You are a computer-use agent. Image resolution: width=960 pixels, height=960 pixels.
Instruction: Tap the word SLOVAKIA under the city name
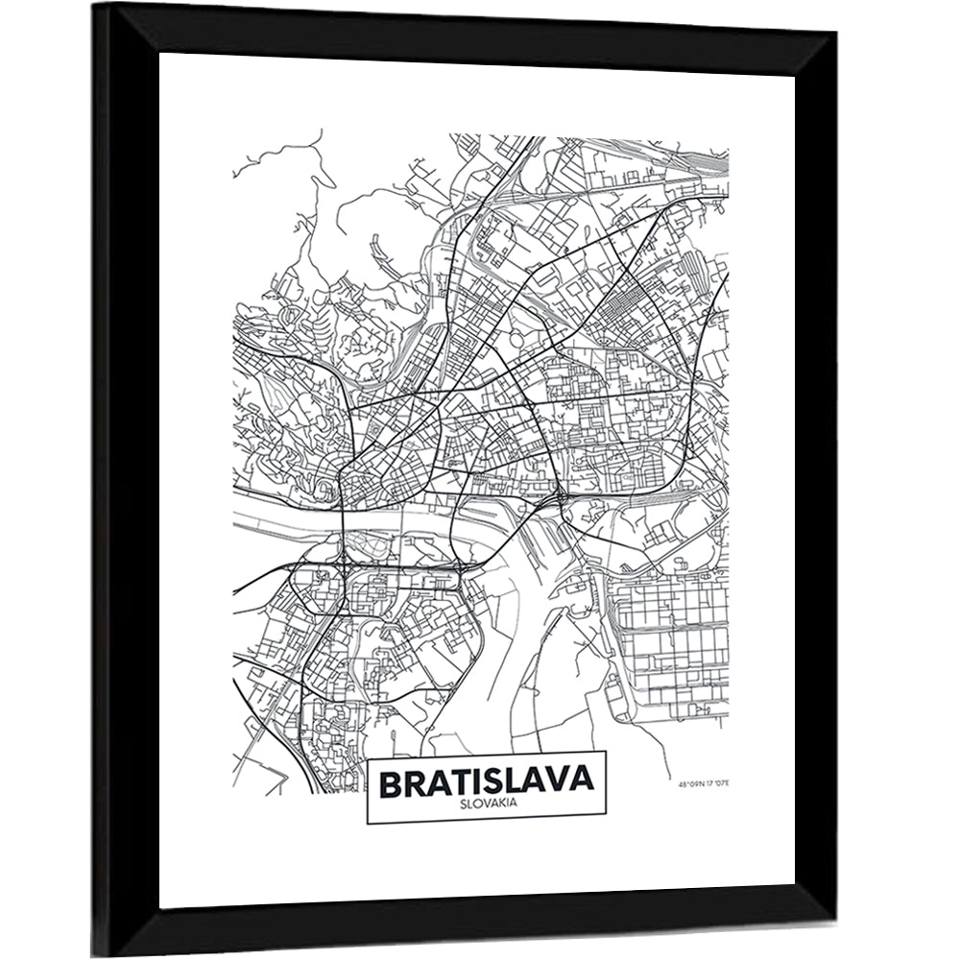(x=487, y=804)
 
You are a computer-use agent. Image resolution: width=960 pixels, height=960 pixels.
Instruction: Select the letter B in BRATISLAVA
(x=392, y=781)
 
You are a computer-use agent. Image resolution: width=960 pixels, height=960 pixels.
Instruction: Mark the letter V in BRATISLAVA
(x=560, y=781)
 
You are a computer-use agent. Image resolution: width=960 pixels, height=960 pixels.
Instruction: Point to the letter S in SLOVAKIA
(x=464, y=804)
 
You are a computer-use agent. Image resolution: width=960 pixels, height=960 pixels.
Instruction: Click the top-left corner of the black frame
(x=96, y=6)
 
